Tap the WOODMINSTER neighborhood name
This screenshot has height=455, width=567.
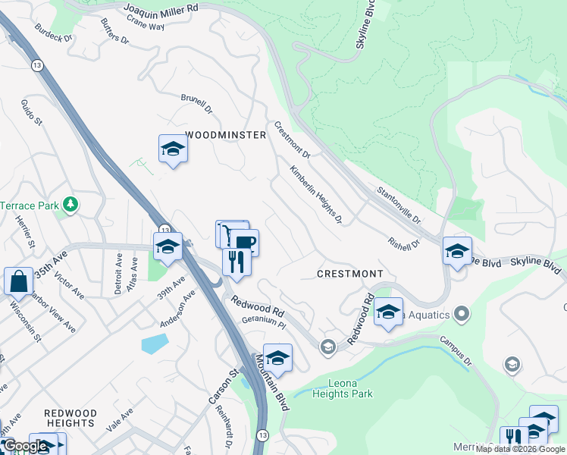point(225,135)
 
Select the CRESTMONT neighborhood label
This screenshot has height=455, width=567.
point(349,273)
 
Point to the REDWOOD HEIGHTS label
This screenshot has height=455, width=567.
point(70,418)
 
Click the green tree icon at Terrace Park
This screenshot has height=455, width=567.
point(70,204)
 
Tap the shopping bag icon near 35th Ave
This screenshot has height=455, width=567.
point(18,281)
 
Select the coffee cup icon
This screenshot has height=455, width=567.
point(244,243)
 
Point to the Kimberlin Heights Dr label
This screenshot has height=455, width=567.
point(315,196)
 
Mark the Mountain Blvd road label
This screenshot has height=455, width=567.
point(274,382)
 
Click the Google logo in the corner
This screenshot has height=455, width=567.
point(25,446)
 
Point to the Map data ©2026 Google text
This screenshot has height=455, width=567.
point(521,449)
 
